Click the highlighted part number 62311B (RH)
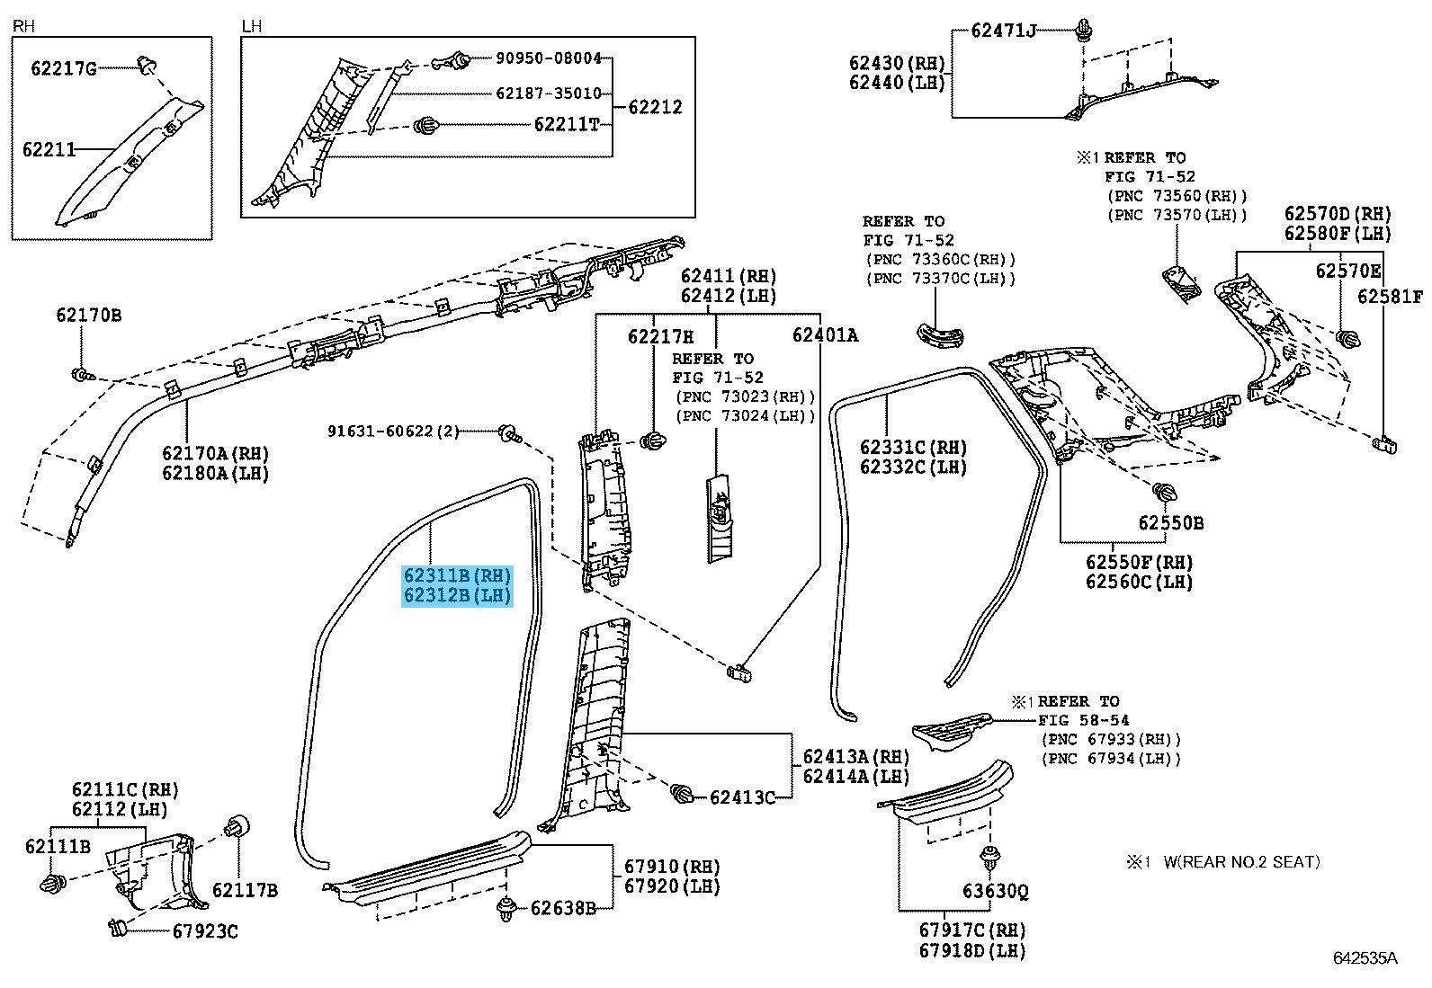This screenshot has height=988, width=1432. click(x=457, y=575)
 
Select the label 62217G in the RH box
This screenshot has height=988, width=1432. click(x=63, y=68)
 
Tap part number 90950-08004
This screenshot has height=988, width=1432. click(x=549, y=58)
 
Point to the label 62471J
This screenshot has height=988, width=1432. click(x=1003, y=30)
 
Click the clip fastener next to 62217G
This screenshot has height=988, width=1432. click(x=148, y=65)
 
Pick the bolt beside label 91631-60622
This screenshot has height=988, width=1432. click(x=509, y=434)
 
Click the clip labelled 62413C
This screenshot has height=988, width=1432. click(x=682, y=795)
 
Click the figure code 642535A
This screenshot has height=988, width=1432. click(x=1365, y=958)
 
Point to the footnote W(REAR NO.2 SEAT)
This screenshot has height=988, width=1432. click(x=1241, y=861)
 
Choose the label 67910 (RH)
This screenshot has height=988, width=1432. click(x=672, y=866)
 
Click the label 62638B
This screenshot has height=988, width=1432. click(x=562, y=907)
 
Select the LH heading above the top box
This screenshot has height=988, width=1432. click(x=251, y=26)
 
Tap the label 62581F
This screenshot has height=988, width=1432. click(x=1390, y=297)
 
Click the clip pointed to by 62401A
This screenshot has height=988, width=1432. click(x=739, y=672)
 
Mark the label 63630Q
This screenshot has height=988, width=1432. click(x=996, y=890)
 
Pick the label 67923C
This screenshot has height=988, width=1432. click(x=205, y=931)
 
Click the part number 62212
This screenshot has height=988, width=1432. click(x=655, y=107)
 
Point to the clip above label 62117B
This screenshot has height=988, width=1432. click(x=237, y=825)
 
